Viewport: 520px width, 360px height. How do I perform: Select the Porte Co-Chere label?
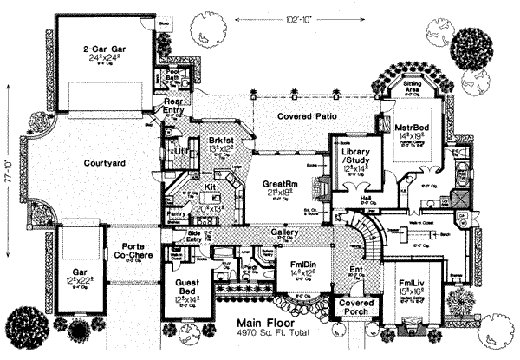pos(131,250)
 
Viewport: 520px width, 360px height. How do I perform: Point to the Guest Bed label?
pos(186,290)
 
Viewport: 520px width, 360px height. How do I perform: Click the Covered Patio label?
pos(307,116)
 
